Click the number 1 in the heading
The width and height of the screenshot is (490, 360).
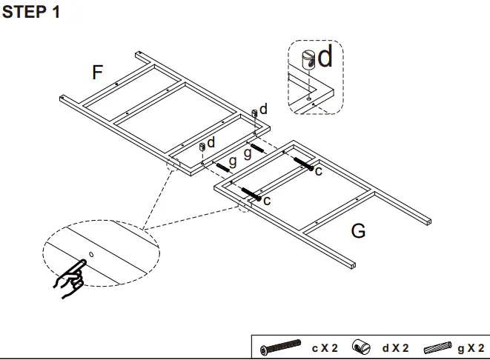coord(56,14)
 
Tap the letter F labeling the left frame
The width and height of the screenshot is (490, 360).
coord(98,72)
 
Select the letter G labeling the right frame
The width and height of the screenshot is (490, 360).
coord(357,231)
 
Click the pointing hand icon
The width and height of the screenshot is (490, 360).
coord(69,279)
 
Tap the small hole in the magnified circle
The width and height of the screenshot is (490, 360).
coord(90,255)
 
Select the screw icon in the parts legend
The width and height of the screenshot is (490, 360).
coord(282,347)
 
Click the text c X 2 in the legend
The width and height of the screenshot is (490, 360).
coord(325,347)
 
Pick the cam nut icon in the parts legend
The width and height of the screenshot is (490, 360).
coord(360,347)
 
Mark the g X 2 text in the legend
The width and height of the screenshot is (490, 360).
coord(471,347)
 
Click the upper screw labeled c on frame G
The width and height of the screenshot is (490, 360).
coord(302,163)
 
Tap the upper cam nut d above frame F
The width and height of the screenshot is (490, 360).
coord(254,113)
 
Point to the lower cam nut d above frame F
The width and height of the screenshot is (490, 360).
coord(201,146)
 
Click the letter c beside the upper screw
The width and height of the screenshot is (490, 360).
coord(318,171)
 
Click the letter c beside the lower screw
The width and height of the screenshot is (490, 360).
coord(266,200)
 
